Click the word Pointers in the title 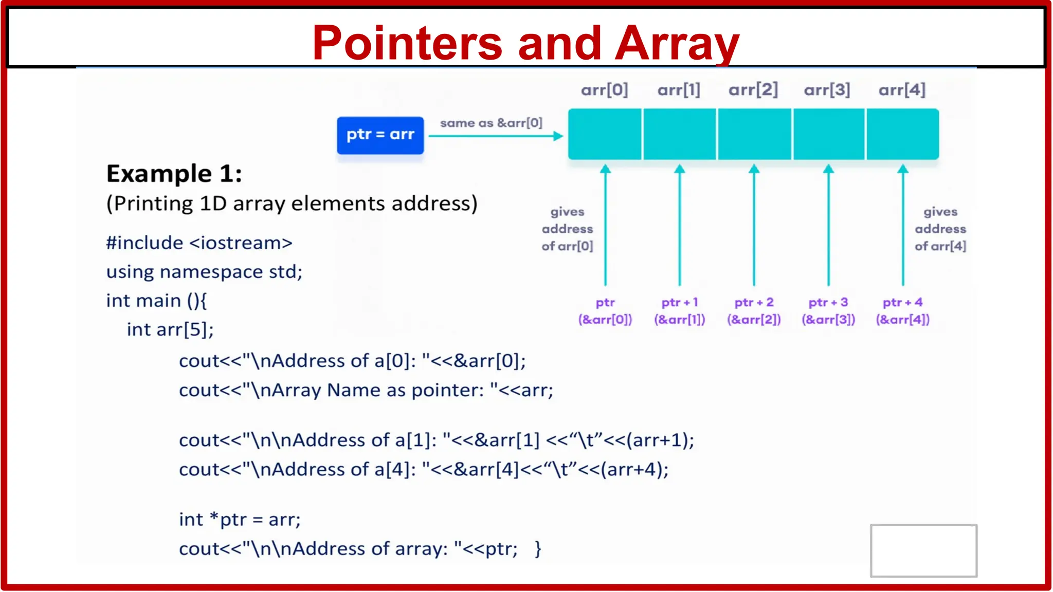pyautogui.click(x=407, y=43)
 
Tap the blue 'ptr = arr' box pyautogui.click(x=380, y=135)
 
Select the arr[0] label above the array pyautogui.click(x=605, y=90)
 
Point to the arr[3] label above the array pyautogui.click(x=827, y=90)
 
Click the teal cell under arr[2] pyautogui.click(x=754, y=134)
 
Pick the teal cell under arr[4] pyautogui.click(x=903, y=134)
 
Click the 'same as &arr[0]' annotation pyautogui.click(x=491, y=123)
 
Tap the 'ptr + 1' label pyautogui.click(x=679, y=302)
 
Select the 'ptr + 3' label pyautogui.click(x=828, y=302)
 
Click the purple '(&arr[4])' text pyautogui.click(x=903, y=320)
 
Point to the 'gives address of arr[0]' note pyautogui.click(x=567, y=229)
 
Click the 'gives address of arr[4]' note pyautogui.click(x=940, y=229)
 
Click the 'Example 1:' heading pyautogui.click(x=174, y=174)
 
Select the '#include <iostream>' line pyautogui.click(x=199, y=243)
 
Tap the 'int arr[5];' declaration pyautogui.click(x=170, y=329)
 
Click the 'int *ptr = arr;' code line pyautogui.click(x=240, y=520)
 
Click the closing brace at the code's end pyautogui.click(x=538, y=549)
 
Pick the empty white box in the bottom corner pyautogui.click(x=923, y=550)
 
